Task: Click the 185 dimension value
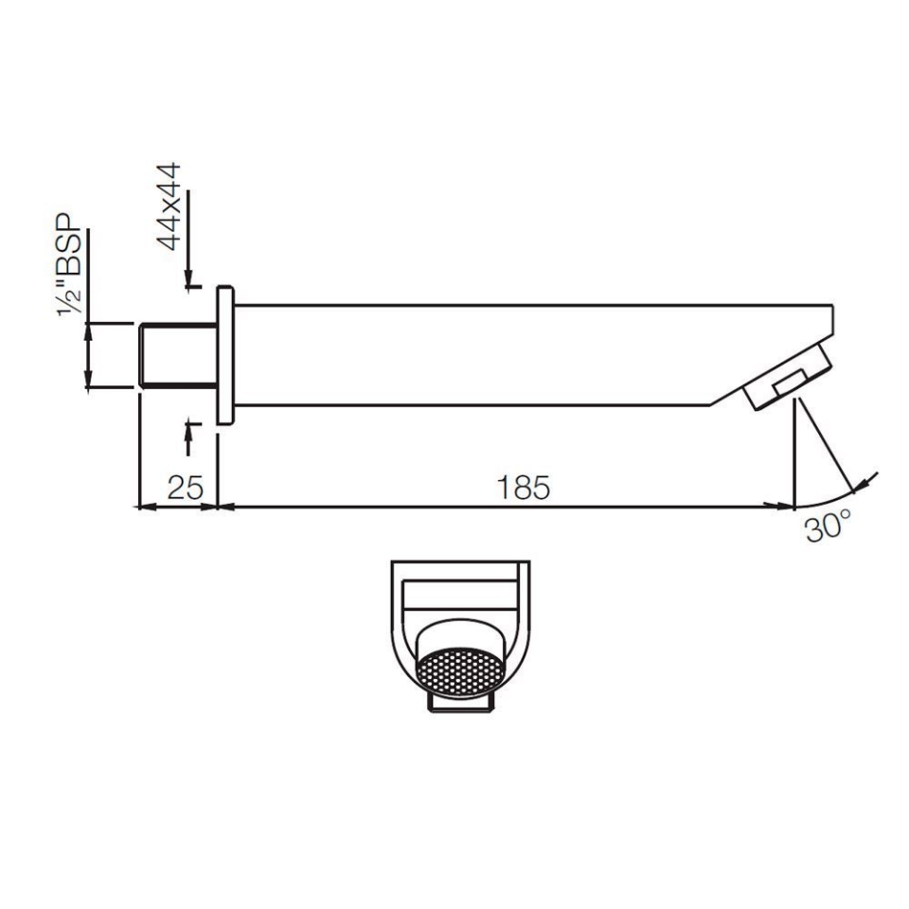coord(523,488)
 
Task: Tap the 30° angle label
coord(829,527)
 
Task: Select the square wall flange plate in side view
coord(225,355)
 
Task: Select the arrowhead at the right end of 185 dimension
coord(786,508)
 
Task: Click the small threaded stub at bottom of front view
coord(460,703)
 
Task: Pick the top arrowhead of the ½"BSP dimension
coord(88,330)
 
